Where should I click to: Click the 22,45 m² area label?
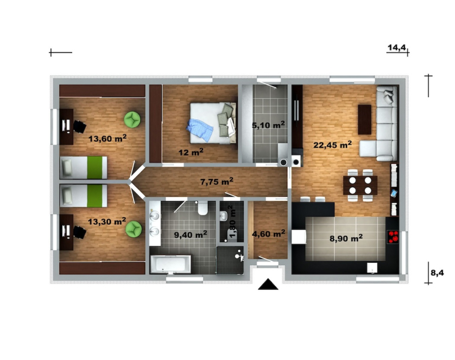click(x=333, y=144)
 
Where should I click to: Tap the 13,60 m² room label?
click(x=107, y=138)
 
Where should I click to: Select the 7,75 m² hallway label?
click(x=217, y=182)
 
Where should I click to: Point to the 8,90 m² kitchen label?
click(x=346, y=238)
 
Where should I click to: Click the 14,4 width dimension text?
click(x=397, y=47)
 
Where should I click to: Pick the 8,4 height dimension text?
click(x=437, y=273)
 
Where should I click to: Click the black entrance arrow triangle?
click(x=268, y=284)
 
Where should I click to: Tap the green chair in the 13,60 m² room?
click(x=132, y=119)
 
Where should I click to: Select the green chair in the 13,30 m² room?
click(x=134, y=229)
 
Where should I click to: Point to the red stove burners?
click(x=393, y=236)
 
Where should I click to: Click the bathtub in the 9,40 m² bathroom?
click(x=171, y=264)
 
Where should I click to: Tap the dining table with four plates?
click(x=360, y=185)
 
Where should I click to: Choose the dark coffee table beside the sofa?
click(x=364, y=119)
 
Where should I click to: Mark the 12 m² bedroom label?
click(x=191, y=152)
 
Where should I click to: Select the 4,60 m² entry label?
click(x=269, y=233)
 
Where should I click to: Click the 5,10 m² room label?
click(x=268, y=125)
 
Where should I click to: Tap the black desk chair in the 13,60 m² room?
click(x=80, y=127)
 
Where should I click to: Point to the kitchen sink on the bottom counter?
click(x=372, y=268)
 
